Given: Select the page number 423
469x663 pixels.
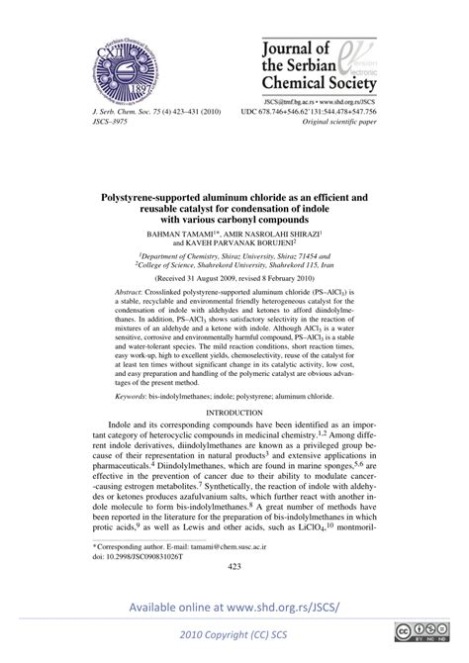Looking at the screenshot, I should point(234,567).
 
